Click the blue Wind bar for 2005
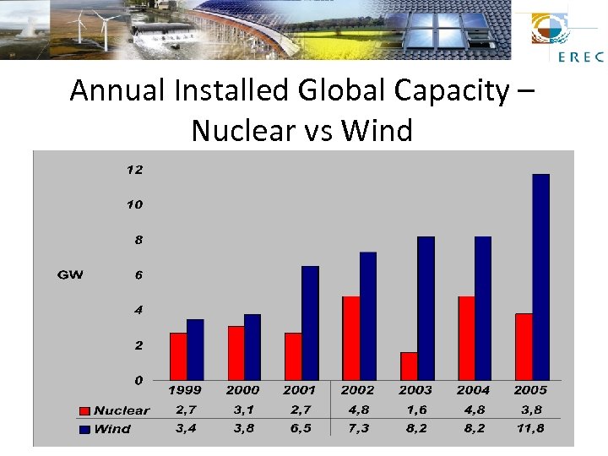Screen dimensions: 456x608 click(x=540, y=277)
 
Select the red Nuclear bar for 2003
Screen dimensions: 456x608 click(x=409, y=366)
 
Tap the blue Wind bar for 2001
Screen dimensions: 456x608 click(x=310, y=323)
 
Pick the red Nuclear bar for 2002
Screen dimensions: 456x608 click(x=350, y=338)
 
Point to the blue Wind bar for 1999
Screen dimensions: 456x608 click(x=195, y=350)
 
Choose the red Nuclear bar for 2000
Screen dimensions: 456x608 click(x=236, y=353)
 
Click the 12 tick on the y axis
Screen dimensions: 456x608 click(x=134, y=170)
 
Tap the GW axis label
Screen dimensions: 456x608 click(x=70, y=275)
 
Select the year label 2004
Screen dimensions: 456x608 click(x=473, y=390)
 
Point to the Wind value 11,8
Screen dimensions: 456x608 click(x=530, y=428)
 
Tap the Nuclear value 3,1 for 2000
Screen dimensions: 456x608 click(x=242, y=410)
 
